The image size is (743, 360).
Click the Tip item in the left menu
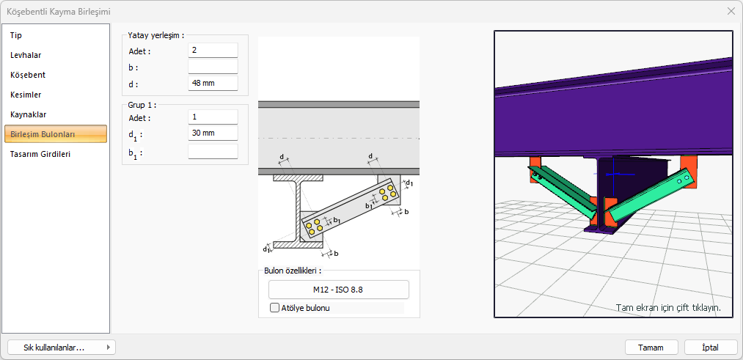click(16, 35)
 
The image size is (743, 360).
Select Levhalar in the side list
click(26, 55)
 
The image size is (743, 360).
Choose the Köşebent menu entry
click(28, 75)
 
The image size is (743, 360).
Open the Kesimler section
click(26, 95)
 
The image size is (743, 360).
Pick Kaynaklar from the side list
click(28, 114)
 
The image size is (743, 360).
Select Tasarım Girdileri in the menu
click(40, 154)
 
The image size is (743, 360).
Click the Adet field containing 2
click(213, 50)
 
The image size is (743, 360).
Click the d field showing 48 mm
click(213, 84)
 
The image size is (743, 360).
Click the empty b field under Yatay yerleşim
click(213, 67)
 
